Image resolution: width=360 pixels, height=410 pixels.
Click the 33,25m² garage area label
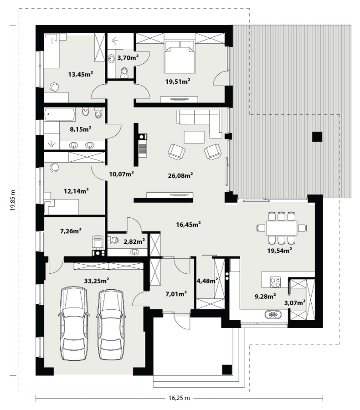click(x=96, y=281)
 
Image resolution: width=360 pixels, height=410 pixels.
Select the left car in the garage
click(x=73, y=323)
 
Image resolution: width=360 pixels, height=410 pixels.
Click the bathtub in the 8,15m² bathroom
click(x=60, y=114)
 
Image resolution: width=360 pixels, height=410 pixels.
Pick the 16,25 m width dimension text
click(x=179, y=398)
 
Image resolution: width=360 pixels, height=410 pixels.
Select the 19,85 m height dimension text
click(x=13, y=200)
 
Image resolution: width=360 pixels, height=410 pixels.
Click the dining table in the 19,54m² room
click(x=282, y=228)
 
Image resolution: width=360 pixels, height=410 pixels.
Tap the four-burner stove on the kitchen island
click(x=275, y=282)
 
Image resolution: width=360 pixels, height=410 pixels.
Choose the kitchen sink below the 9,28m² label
click(x=273, y=314)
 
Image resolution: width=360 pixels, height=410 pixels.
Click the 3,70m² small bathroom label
click(x=128, y=58)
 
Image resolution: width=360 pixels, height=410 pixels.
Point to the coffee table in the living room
click(x=194, y=137)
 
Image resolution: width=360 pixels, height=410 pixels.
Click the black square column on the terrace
click(x=317, y=137)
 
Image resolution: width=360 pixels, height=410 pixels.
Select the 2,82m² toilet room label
click(x=134, y=241)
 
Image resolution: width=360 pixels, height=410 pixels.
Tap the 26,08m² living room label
click(x=180, y=175)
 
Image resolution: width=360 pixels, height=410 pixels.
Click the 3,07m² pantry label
click(x=295, y=303)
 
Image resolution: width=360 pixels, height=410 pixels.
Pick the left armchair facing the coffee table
click(x=177, y=152)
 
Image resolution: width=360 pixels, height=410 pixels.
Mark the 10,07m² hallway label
click(x=122, y=174)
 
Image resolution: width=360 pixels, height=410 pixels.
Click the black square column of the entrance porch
click(x=227, y=370)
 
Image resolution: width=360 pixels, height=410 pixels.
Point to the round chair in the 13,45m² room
click(x=55, y=87)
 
